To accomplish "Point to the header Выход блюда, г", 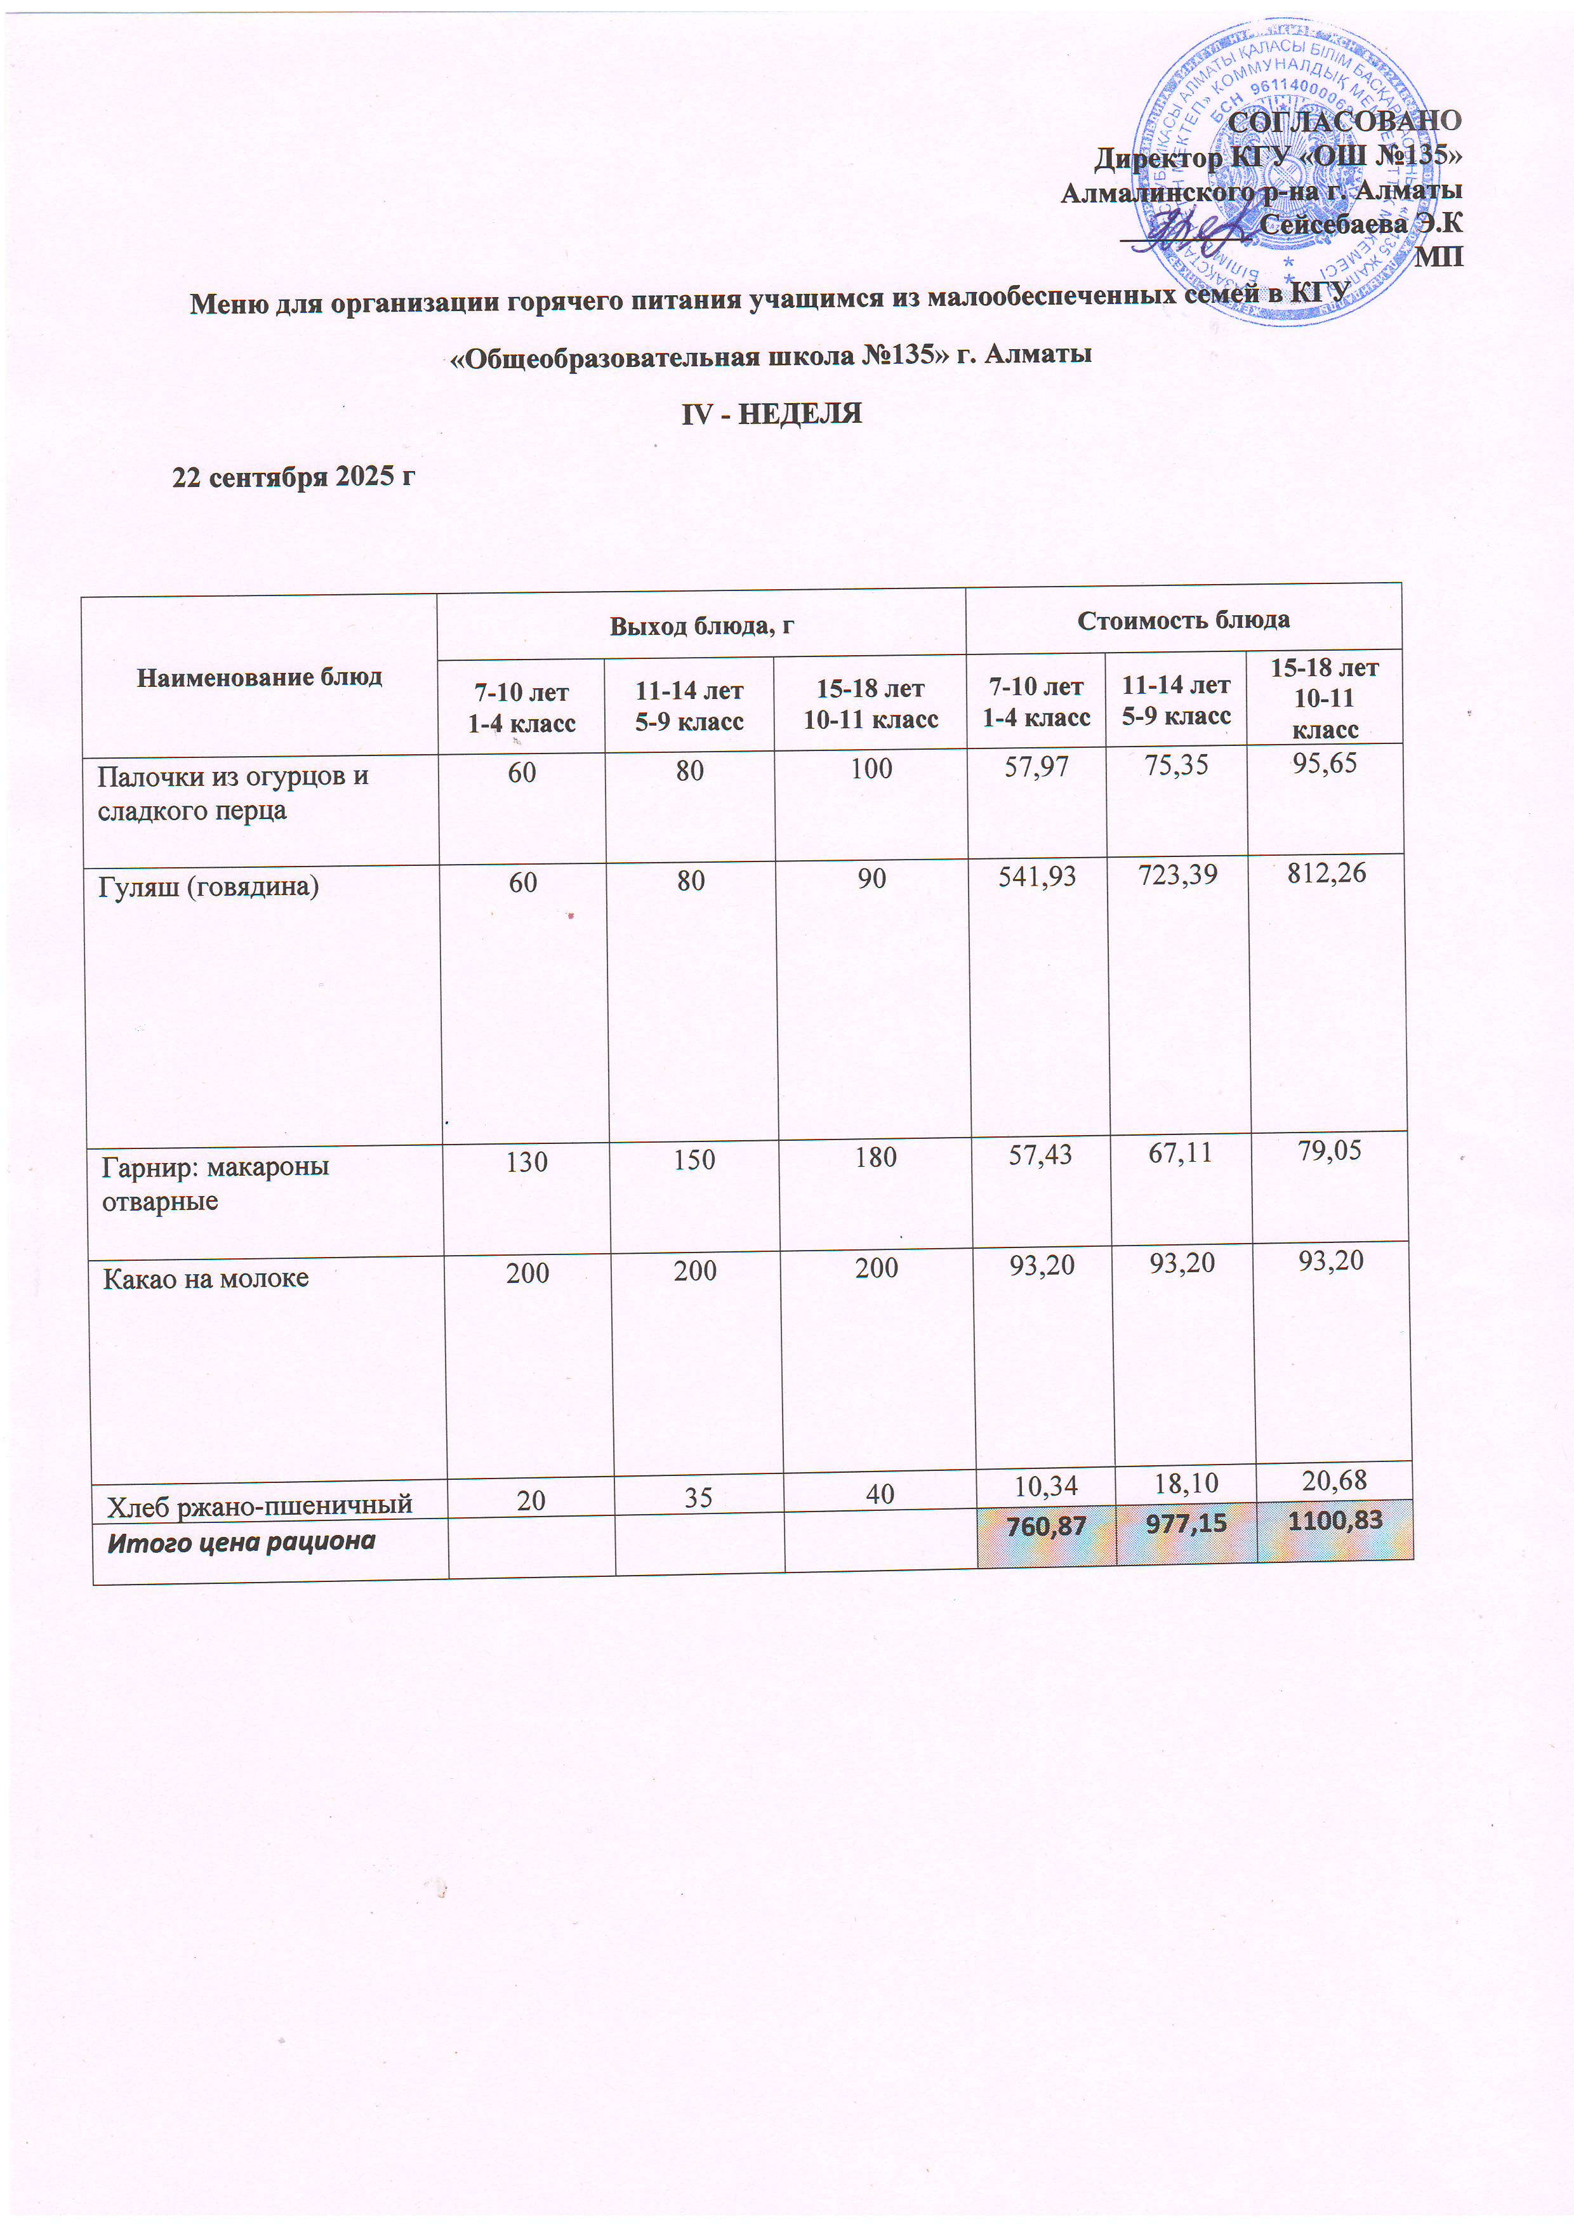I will click(701, 625).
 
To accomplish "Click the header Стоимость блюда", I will click(1183, 620).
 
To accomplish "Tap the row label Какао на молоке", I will click(206, 1279).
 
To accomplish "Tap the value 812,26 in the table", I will click(1326, 873).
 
